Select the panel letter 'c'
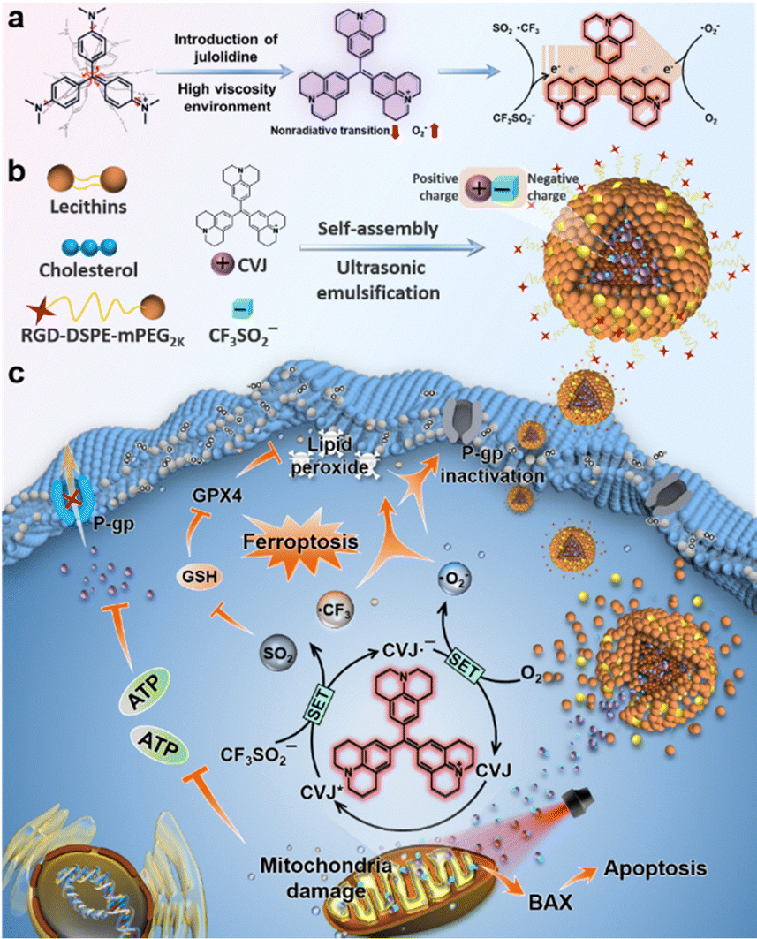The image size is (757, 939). click(x=16, y=373)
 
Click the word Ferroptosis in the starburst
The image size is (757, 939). click(x=300, y=542)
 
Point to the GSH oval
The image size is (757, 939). click(x=200, y=577)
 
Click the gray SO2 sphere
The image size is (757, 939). click(x=277, y=654)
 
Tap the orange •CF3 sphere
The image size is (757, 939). click(x=336, y=610)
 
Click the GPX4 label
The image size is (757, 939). click(x=216, y=496)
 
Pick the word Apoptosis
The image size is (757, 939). click(x=655, y=868)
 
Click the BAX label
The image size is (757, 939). click(x=550, y=902)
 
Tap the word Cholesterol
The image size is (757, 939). click(x=88, y=270)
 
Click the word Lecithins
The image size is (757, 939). click(x=88, y=207)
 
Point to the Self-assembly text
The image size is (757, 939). click(x=378, y=229)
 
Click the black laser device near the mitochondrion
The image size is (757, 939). click(x=579, y=799)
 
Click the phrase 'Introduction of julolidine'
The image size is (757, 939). click(x=226, y=48)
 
